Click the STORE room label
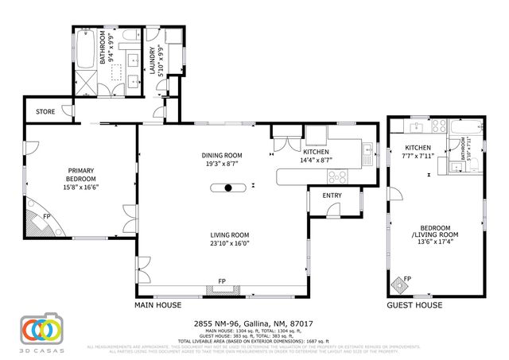point(46,112)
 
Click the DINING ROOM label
point(222,156)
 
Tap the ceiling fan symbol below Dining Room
point(228,188)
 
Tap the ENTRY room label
point(332,195)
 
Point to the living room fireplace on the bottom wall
point(222,289)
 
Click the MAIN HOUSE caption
point(157,305)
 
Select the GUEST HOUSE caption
point(414,305)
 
